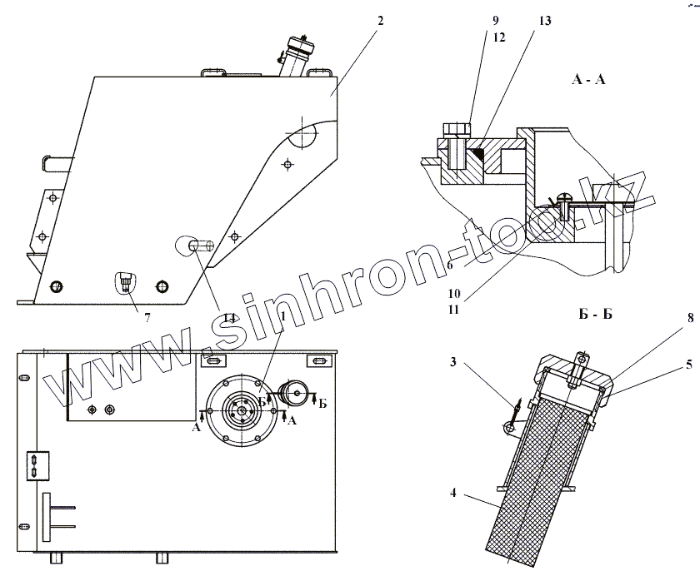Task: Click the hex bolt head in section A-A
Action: [x=455, y=128]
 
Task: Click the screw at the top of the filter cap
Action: [x=580, y=360]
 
